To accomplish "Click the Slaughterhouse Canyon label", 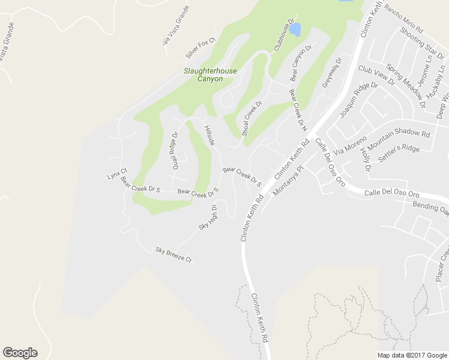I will point(210,75).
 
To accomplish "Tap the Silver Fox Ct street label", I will point(200,49).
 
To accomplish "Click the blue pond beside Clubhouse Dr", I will point(295,29).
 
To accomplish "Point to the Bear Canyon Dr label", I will point(302,64).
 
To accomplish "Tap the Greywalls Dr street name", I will point(331,73).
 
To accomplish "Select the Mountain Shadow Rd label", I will point(399,142).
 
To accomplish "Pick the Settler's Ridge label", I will point(399,154).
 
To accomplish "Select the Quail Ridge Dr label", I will point(176,151).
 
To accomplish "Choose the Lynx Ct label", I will point(117,173).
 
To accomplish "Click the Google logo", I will point(20,353).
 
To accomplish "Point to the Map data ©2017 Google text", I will point(411,355).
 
